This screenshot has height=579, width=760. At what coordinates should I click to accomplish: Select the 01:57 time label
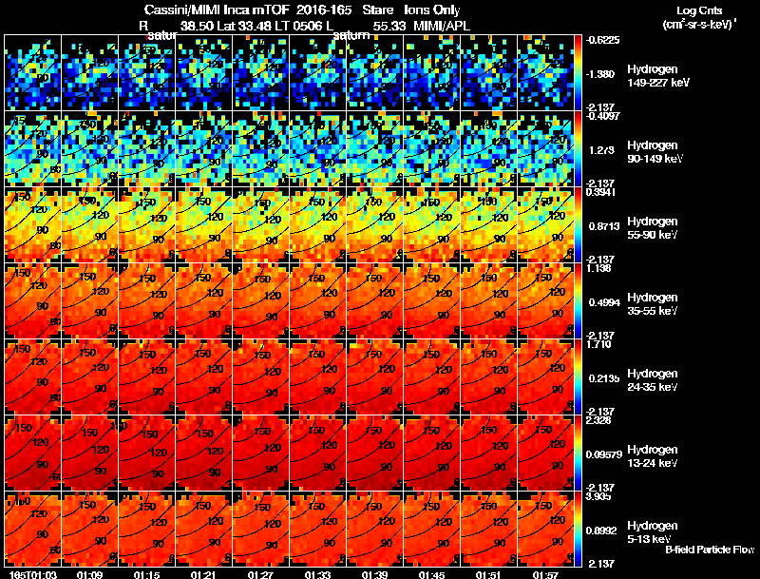point(546,574)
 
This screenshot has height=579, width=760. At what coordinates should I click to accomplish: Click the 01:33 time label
point(318,574)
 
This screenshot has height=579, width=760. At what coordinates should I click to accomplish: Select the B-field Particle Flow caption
point(710,550)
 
